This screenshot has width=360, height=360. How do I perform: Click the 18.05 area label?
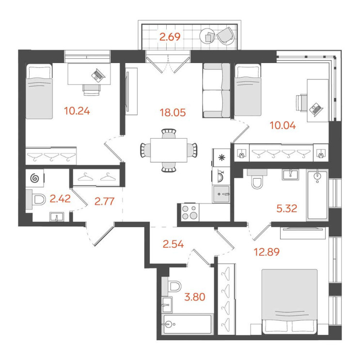click(x=172, y=113)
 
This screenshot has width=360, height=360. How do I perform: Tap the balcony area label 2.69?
click(x=170, y=37)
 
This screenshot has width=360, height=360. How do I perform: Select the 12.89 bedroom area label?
click(x=266, y=252)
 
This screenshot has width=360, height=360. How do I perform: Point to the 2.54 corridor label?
click(x=173, y=244)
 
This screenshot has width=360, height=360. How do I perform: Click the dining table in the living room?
click(x=169, y=150)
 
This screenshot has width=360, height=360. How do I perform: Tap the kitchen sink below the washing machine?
click(x=221, y=194)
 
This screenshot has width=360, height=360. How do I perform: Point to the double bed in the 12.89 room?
click(x=290, y=301)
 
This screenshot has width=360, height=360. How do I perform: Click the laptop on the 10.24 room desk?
click(x=98, y=75)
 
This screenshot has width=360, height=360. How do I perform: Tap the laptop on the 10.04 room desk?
click(x=316, y=109)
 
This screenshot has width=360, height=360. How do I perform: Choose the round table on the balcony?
click(x=208, y=36)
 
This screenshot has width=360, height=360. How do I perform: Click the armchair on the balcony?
click(x=225, y=35)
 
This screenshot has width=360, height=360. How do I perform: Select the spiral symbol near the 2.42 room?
click(x=35, y=178)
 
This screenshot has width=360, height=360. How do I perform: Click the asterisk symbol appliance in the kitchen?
click(x=221, y=158)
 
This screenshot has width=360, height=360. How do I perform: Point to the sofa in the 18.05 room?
click(x=216, y=91)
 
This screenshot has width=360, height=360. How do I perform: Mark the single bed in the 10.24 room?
click(x=39, y=92)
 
